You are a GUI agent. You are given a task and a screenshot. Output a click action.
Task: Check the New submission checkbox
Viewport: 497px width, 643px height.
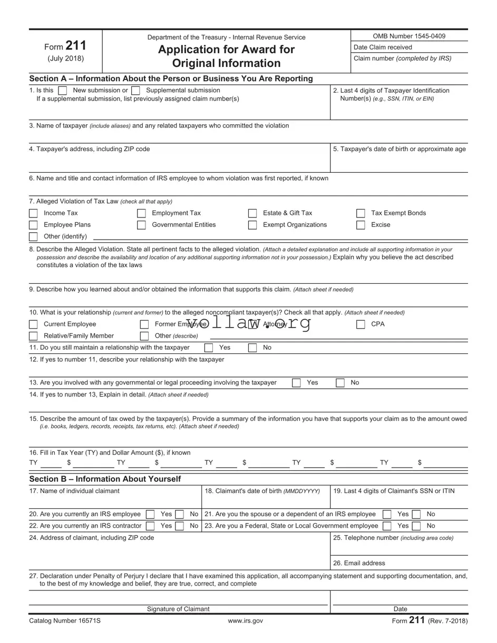(63, 91)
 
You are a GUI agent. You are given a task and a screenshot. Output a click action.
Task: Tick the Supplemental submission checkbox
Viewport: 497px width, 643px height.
(135, 91)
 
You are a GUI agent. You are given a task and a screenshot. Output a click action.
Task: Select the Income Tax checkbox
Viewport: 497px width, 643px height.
(34, 213)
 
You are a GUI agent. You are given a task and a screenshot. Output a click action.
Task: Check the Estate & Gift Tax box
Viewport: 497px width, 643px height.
(252, 213)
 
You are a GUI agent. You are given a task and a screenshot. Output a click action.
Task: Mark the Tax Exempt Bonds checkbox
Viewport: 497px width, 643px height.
(360, 213)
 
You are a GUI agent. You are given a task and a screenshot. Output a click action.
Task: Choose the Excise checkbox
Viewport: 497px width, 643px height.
(360, 225)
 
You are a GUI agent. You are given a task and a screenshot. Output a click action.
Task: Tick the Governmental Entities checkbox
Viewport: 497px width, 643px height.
(141, 225)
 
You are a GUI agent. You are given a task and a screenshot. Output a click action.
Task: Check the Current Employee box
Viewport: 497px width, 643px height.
(34, 324)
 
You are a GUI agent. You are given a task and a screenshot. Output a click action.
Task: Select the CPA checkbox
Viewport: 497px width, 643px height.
(360, 324)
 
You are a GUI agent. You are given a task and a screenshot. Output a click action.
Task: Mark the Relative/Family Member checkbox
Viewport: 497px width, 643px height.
(34, 336)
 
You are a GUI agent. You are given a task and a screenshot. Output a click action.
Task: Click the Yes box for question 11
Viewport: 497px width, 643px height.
(209, 348)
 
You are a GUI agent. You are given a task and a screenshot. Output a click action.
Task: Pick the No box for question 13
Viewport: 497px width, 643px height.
(340, 383)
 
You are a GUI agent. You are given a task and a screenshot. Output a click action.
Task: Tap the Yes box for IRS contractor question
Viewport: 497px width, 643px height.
(150, 526)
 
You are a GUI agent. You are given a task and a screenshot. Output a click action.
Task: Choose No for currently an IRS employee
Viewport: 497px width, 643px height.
(180, 515)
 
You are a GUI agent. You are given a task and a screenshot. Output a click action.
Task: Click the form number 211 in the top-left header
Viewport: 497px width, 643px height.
(76, 46)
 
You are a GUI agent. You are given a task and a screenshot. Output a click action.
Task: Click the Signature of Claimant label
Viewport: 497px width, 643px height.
(178, 609)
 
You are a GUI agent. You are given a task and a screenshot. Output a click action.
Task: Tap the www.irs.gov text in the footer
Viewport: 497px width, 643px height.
(245, 621)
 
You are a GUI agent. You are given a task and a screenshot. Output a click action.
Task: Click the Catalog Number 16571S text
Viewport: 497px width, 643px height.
(65, 621)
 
